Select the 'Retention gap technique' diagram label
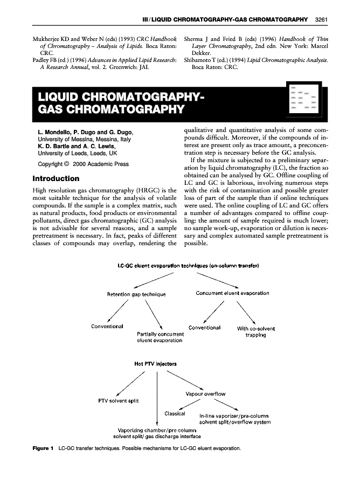(x=136, y=294)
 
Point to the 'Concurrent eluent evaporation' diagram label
(x=232, y=293)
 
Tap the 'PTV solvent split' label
(x=118, y=400)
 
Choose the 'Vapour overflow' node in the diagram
(x=205, y=394)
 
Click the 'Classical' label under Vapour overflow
(x=175, y=414)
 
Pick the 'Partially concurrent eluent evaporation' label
(x=160, y=337)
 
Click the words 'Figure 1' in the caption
(x=43, y=448)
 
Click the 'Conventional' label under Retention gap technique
(x=107, y=326)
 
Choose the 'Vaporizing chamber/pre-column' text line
(x=156, y=429)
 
